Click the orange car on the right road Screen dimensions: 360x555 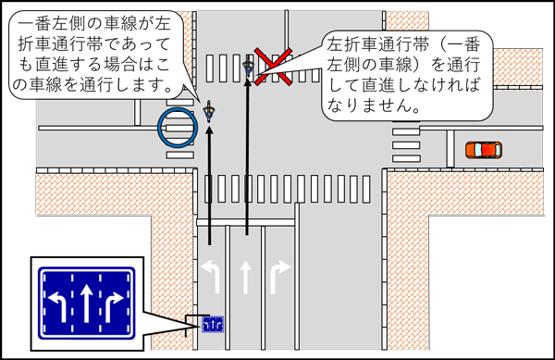(482, 149)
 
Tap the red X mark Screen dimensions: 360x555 (275, 66)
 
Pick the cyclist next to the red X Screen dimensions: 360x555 (248, 68)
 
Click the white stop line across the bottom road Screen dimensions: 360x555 (245, 222)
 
